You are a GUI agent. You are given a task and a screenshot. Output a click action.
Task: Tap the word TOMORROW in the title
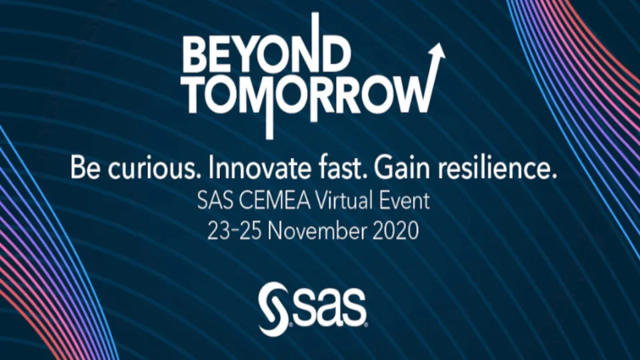tap(303, 96)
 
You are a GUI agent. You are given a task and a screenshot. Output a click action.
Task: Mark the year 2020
tap(397, 231)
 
